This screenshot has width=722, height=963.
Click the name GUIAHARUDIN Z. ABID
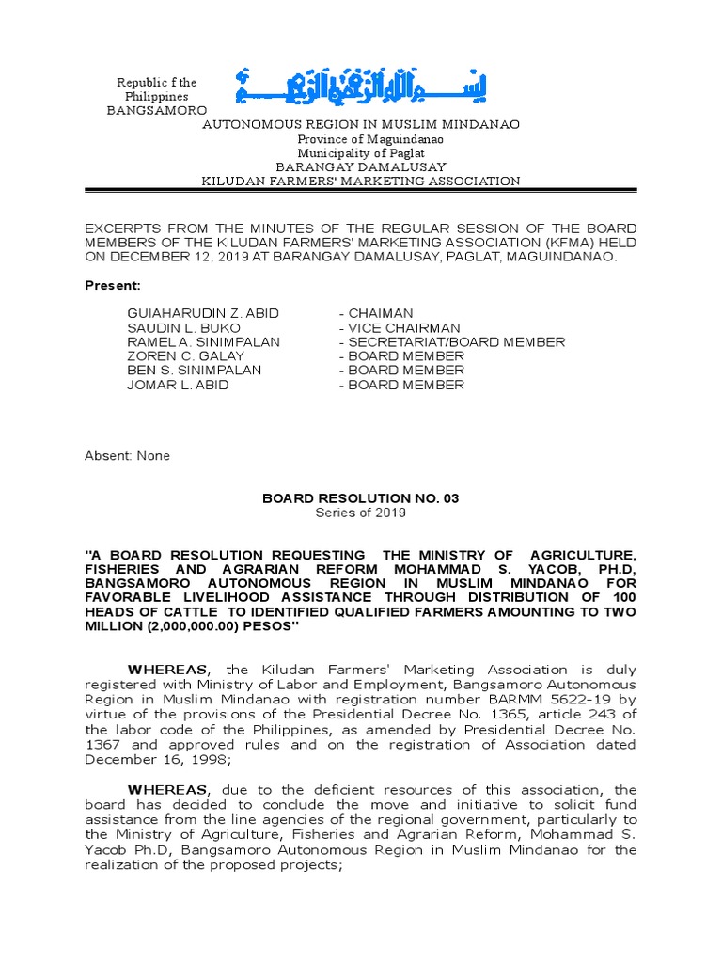click(203, 313)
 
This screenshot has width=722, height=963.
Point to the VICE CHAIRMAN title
click(400, 327)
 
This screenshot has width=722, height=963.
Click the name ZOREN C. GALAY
click(185, 356)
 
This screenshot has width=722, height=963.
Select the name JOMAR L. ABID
click(178, 385)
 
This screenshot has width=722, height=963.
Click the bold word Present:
click(113, 285)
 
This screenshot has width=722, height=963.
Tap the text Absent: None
click(128, 456)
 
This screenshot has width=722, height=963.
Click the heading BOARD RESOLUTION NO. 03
click(361, 498)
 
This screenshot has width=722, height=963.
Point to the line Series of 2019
click(361, 513)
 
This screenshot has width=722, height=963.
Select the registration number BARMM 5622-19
click(533, 700)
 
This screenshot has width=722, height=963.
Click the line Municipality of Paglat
click(361, 153)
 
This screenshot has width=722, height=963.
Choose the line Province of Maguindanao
click(361, 139)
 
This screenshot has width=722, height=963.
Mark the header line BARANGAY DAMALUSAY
click(361, 167)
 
